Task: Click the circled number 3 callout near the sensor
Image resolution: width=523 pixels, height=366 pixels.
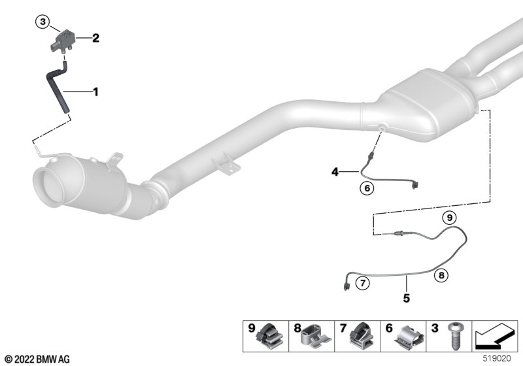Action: (x=42, y=22)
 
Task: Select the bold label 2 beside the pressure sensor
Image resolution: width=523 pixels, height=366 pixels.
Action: (x=95, y=38)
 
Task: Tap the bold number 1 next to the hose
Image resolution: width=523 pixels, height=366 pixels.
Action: (x=95, y=91)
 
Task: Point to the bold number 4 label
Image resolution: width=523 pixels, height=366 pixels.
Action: (x=335, y=172)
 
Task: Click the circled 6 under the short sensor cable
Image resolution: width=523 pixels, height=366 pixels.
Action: (x=367, y=188)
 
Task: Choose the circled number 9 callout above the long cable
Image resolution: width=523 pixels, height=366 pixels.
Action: (x=450, y=218)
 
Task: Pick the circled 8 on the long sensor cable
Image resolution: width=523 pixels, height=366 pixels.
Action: (x=441, y=275)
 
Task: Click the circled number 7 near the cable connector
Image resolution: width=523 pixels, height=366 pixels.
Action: (x=363, y=284)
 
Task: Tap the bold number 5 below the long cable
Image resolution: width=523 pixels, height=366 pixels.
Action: (x=406, y=297)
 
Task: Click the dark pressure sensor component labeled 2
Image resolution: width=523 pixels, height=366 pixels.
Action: (x=63, y=41)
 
